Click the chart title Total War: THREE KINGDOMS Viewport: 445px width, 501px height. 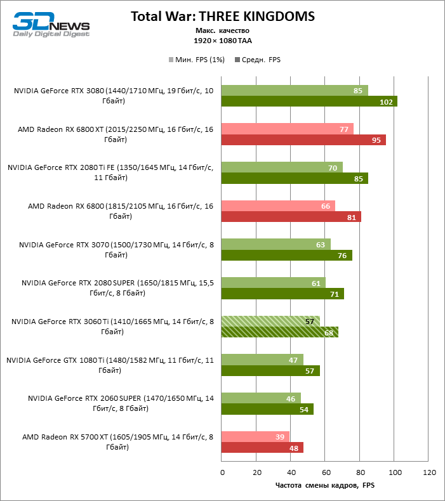click(222, 16)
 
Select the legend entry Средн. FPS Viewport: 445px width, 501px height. click(258, 60)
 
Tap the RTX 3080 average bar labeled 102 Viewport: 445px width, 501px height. click(309, 101)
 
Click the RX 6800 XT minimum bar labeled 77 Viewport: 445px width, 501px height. click(288, 129)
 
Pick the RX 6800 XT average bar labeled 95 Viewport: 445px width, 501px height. click(303, 140)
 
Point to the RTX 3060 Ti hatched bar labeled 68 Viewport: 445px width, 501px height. click(280, 332)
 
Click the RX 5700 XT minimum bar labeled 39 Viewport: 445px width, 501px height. click(255, 437)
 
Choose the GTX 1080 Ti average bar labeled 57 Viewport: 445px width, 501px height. click(270, 371)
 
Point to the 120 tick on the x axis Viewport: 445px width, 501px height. click(429, 473)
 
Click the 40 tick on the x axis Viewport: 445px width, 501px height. click(291, 473)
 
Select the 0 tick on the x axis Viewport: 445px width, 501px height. click(222, 473)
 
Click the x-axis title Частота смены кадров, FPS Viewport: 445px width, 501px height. click(326, 486)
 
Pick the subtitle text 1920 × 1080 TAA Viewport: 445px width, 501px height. click(222, 40)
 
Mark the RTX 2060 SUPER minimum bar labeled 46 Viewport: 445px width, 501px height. click(261, 398)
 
